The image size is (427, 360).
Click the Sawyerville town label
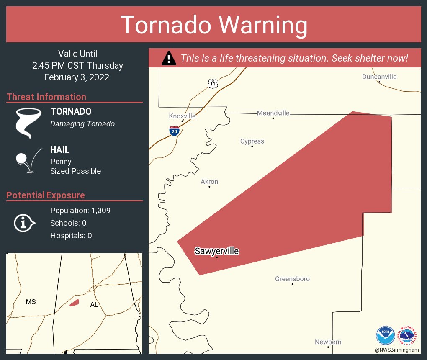(216, 251)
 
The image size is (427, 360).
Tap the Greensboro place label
(292, 279)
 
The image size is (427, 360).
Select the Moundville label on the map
(273, 113)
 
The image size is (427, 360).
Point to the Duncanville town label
(379, 77)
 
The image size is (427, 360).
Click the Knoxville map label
(182, 116)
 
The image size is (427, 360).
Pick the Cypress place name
(252, 141)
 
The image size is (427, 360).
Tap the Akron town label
(209, 182)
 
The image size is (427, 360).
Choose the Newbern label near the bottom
(328, 342)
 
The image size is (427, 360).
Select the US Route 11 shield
(213, 84)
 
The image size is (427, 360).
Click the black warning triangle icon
(169, 58)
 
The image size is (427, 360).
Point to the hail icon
(28, 161)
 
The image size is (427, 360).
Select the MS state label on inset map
(31, 302)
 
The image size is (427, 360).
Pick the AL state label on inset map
(94, 305)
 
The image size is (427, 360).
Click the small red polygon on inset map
(74, 302)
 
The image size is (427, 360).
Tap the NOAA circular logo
(385, 335)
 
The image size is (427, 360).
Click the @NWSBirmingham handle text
(397, 350)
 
